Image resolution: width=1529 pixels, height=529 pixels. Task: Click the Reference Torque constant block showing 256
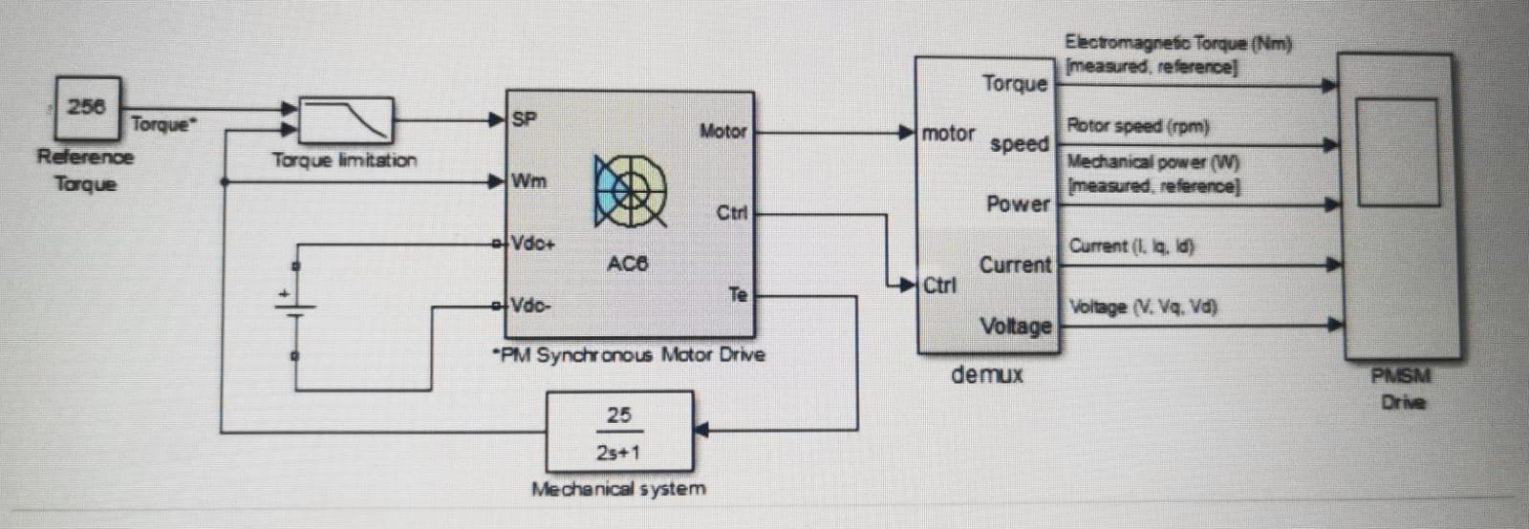(x=87, y=107)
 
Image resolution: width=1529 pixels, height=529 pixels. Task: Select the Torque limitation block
(x=346, y=121)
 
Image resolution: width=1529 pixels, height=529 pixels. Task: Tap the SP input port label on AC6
(x=525, y=119)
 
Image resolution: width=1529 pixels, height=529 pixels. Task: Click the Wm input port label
(x=528, y=180)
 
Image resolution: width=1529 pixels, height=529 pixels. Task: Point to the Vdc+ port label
(x=532, y=243)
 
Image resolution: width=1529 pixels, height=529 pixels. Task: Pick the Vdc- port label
(x=530, y=306)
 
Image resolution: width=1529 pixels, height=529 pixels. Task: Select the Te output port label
(x=737, y=295)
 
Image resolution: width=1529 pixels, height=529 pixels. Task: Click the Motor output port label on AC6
(x=722, y=132)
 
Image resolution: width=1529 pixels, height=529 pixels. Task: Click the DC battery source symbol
(x=295, y=306)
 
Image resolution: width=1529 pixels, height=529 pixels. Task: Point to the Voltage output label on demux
(x=1015, y=327)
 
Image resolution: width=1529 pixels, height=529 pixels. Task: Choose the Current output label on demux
(x=1015, y=264)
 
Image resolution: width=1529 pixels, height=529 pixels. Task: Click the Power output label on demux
(x=1018, y=203)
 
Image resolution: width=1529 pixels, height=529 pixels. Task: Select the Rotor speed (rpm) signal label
(x=1137, y=126)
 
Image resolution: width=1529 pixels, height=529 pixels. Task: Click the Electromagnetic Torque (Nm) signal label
(x=1177, y=43)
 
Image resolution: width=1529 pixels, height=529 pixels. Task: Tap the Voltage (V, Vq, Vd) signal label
(x=1142, y=307)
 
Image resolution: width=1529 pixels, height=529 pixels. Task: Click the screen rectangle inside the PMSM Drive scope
(x=1396, y=152)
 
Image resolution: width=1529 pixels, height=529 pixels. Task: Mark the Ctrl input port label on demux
(x=938, y=286)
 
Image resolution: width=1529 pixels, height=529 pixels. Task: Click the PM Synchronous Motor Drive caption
(x=629, y=355)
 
